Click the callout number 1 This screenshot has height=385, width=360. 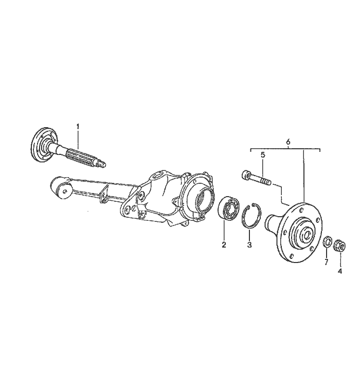[78, 127]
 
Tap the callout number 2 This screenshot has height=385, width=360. [224, 244]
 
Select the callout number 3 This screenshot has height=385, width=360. [249, 244]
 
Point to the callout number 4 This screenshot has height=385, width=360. [340, 271]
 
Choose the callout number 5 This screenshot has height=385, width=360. [263, 155]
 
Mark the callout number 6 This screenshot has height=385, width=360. [288, 142]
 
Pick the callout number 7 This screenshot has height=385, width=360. [326, 262]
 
